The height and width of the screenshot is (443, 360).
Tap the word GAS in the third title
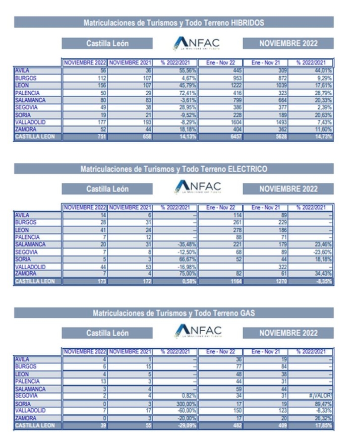click(x=247, y=313)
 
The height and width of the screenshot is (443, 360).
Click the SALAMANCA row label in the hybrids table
click(x=31, y=100)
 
